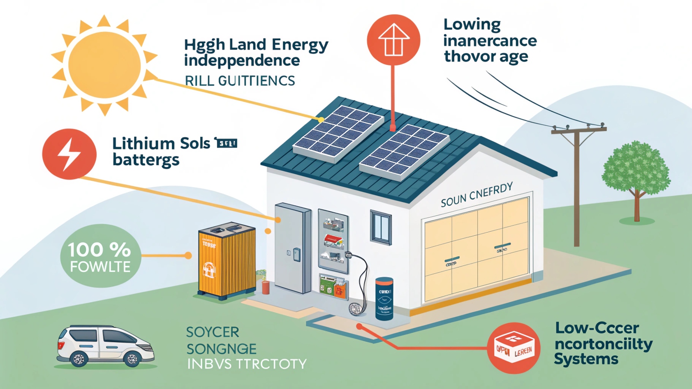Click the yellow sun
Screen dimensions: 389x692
point(104,66)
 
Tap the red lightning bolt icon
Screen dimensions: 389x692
point(69,154)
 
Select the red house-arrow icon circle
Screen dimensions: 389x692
point(393,40)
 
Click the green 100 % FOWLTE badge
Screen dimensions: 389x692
point(100,256)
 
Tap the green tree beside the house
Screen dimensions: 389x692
point(635,173)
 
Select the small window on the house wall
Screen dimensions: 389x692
point(381,227)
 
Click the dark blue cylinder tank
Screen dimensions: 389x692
point(384,298)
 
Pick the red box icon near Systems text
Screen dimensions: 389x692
point(514,348)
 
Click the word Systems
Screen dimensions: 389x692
point(586,359)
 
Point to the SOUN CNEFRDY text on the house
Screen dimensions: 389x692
point(477,195)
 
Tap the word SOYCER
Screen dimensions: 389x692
point(213,332)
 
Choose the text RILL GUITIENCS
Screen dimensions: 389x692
point(240,81)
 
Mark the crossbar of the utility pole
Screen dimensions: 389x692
point(579,131)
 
